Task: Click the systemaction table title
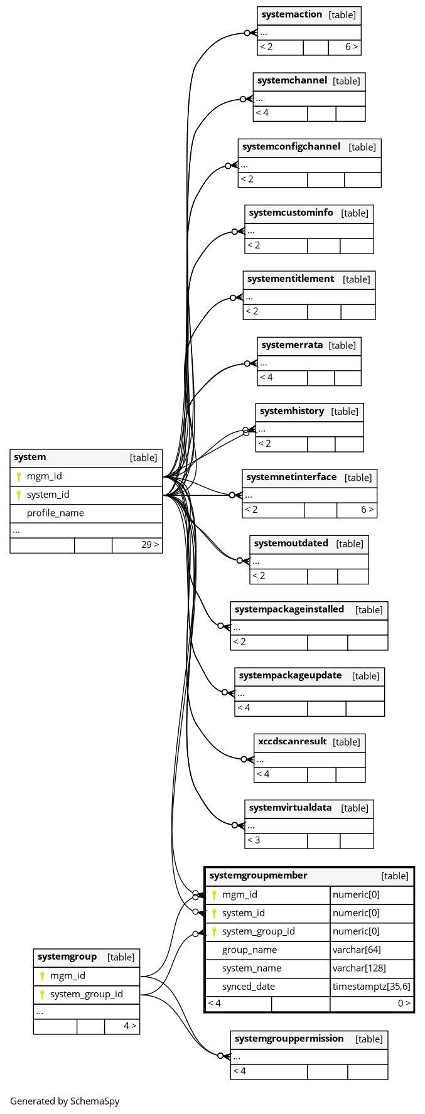click(x=292, y=14)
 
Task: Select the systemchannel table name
click(x=292, y=81)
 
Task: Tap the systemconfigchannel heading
click(x=291, y=147)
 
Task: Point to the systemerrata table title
click(x=292, y=345)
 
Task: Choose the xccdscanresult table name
click(x=293, y=742)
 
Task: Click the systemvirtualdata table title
click(x=290, y=808)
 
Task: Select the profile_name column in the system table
click(x=55, y=513)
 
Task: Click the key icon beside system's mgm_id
click(x=19, y=476)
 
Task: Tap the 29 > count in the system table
click(x=150, y=545)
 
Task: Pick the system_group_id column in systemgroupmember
click(x=258, y=931)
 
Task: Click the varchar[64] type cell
click(x=357, y=950)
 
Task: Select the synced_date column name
click(x=249, y=987)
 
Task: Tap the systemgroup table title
click(x=67, y=957)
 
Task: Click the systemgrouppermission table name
click(x=289, y=1039)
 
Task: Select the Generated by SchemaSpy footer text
click(x=65, y=1101)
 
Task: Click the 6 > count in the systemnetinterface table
click(x=367, y=510)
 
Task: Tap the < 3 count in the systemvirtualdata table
click(x=254, y=840)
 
